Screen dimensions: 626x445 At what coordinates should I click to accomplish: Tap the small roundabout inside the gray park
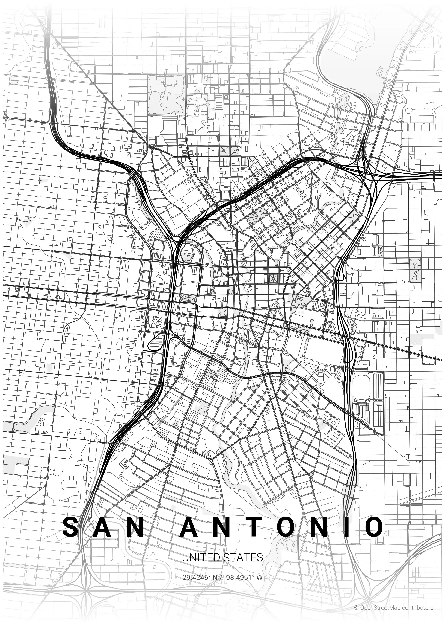point(165,86)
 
